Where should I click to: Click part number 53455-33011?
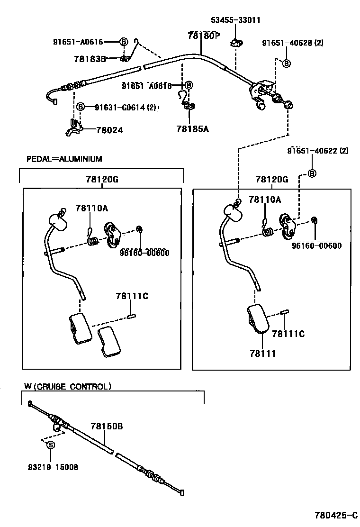coord(235,20)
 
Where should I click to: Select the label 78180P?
coord(204,36)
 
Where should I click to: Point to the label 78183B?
coord(90,59)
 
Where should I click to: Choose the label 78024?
coord(109,130)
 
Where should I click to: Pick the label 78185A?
coord(192,128)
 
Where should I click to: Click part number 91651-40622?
coord(317,151)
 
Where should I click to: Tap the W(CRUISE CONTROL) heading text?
coord(68,386)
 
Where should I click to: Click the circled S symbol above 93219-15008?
coord(50,445)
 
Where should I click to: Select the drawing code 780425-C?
coord(335,515)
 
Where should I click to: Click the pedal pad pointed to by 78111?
coord(258,319)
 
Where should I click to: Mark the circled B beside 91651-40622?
coord(312,173)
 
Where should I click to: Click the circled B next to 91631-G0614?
coord(81,107)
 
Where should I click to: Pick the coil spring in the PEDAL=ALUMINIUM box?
coord(94,241)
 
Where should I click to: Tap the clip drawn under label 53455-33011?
coord(235,44)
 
